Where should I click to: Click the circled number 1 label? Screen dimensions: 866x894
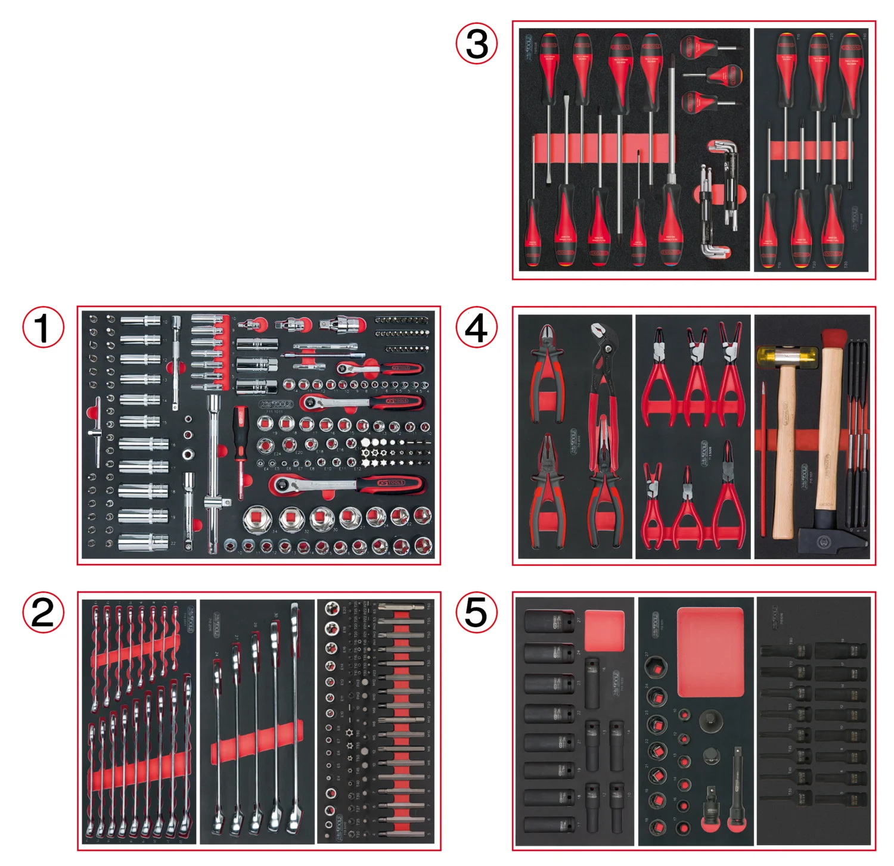(43, 327)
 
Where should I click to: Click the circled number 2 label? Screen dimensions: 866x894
(43, 612)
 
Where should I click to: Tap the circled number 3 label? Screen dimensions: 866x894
(476, 43)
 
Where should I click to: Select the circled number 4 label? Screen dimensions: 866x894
(476, 327)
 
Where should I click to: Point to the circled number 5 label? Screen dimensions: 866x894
(476, 612)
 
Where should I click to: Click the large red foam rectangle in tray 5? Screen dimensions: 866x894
(710, 652)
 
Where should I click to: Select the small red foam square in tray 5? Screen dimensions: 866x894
(604, 631)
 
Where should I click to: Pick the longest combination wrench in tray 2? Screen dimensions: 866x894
(294, 715)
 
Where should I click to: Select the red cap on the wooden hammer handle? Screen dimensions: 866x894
(833, 339)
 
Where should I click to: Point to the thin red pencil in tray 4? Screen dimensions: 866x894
(763, 459)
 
